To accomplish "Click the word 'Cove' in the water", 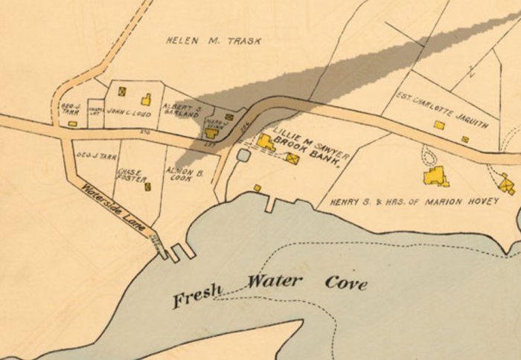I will [x=346, y=282].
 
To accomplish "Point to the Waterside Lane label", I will [x=113, y=209].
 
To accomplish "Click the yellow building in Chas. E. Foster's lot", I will [x=147, y=186].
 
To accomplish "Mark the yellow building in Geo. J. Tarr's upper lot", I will [x=72, y=123].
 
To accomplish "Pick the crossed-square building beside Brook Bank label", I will [x=292, y=158].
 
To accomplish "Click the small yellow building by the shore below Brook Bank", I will [x=257, y=188].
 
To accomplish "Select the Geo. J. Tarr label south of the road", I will [x=97, y=157].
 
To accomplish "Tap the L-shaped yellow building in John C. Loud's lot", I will [x=146, y=99].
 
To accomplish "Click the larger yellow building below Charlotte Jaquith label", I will [x=439, y=125].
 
